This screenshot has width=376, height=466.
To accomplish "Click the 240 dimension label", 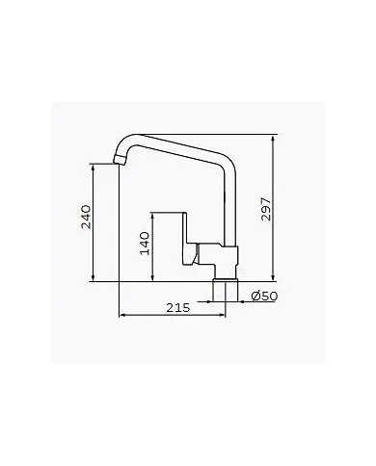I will point(85,221).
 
